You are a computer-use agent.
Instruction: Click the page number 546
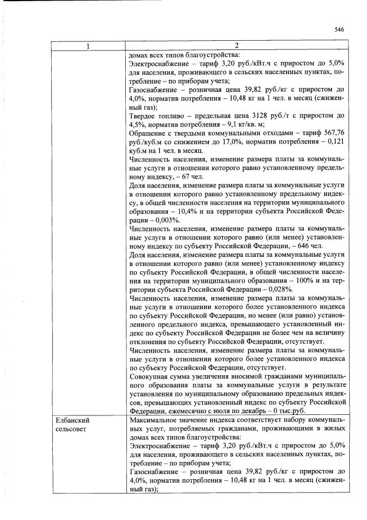(338, 30)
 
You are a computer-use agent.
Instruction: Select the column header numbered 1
(90, 46)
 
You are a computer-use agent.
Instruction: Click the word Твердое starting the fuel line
(144, 115)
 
